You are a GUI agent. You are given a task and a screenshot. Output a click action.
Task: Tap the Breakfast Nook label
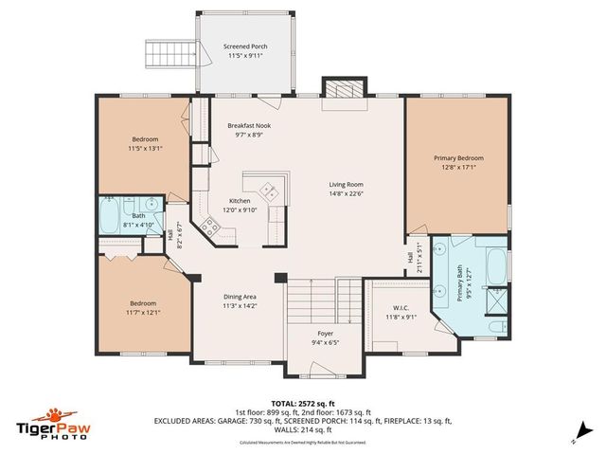click(249, 126)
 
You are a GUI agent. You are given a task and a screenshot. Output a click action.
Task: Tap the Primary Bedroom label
click(458, 158)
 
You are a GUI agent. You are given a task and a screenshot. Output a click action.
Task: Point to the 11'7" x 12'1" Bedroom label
click(145, 304)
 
